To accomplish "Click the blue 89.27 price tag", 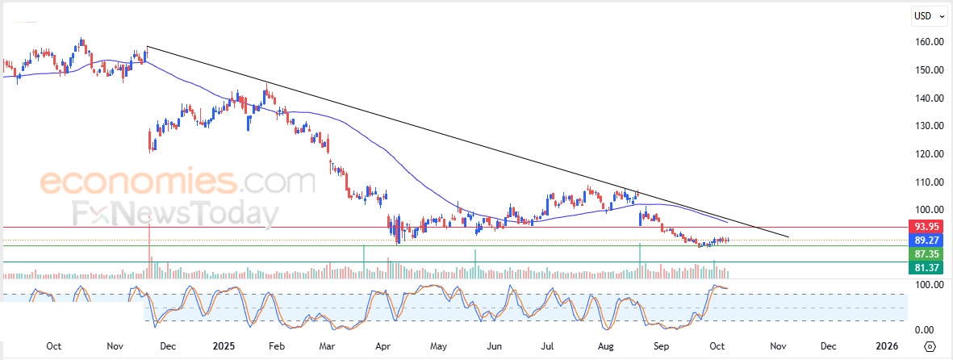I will pyautogui.click(x=924, y=240).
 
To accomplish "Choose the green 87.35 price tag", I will pyautogui.click(x=924, y=253).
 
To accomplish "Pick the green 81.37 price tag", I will pyautogui.click(x=924, y=267).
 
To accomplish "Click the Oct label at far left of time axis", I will pyautogui.click(x=53, y=346).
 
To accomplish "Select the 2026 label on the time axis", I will pyautogui.click(x=886, y=346).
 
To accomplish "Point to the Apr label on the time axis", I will pyautogui.click(x=385, y=346).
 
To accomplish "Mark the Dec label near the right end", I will pyautogui.click(x=829, y=346).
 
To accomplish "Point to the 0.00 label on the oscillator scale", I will pyautogui.click(x=924, y=329).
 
